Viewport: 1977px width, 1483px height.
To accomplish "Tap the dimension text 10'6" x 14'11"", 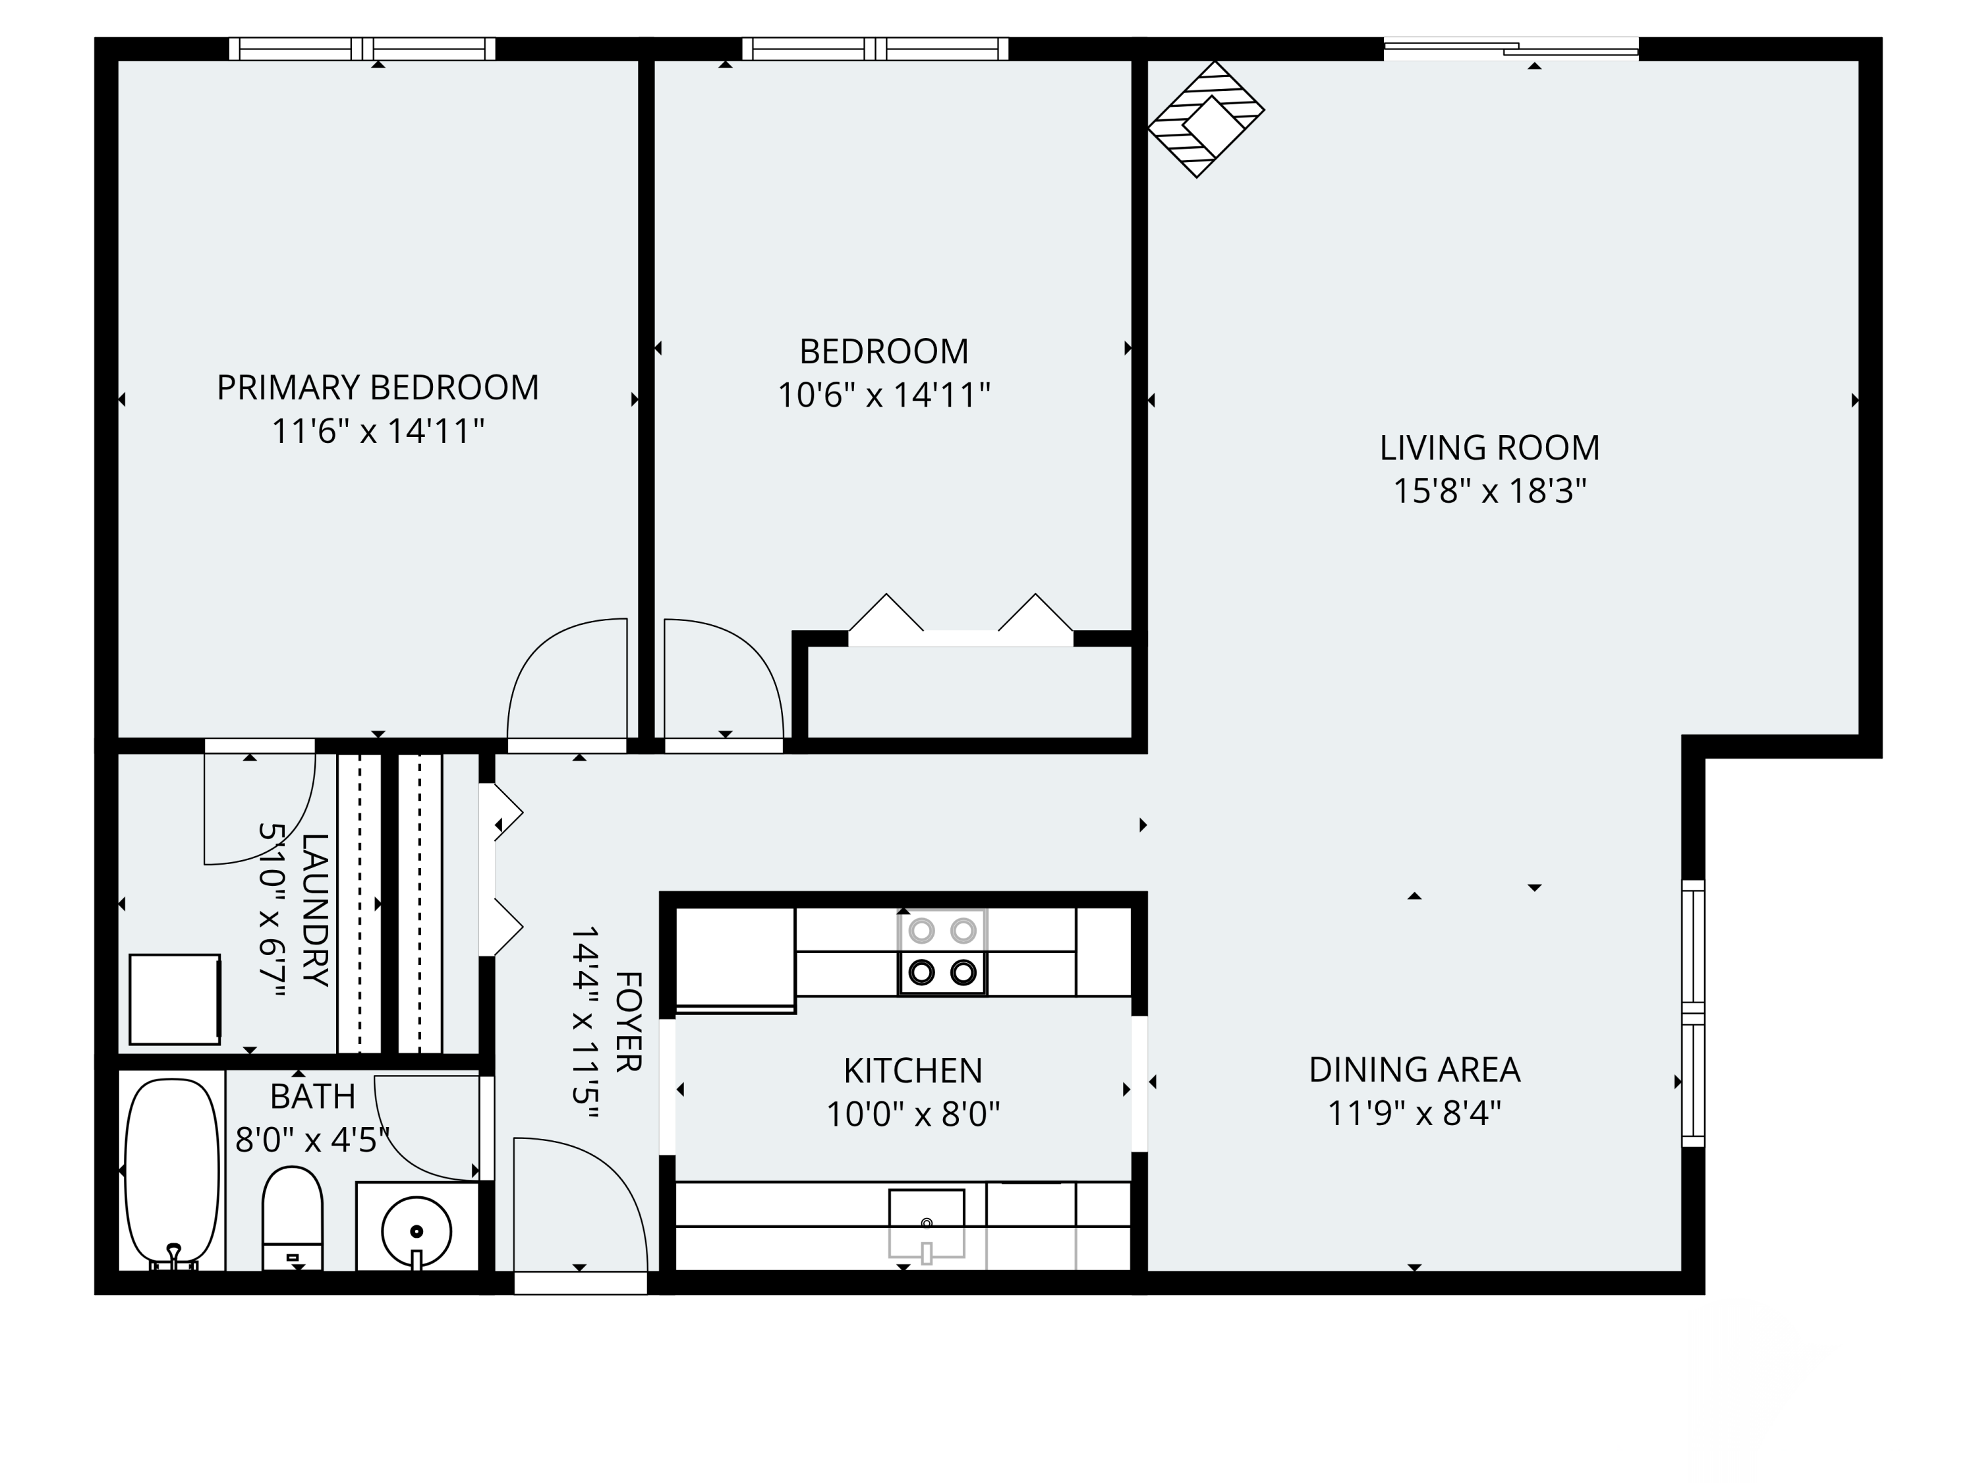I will click(883, 395).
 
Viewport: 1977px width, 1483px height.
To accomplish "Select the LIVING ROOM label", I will click(1489, 448).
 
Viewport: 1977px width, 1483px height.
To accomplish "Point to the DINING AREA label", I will click(1414, 1070).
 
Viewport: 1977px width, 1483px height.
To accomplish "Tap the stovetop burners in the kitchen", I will click(942, 952).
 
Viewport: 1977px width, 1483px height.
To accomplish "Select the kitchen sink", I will click(926, 1222).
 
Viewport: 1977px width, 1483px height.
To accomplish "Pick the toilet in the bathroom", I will click(292, 1215).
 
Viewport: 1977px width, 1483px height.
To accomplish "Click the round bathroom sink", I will click(416, 1231).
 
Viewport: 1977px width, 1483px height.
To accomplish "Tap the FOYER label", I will click(628, 1022).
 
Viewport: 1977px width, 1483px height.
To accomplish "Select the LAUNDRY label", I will click(314, 909).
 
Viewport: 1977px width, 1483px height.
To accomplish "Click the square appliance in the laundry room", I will click(174, 999).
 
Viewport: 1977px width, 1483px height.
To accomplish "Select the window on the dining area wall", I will click(1693, 1013).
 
